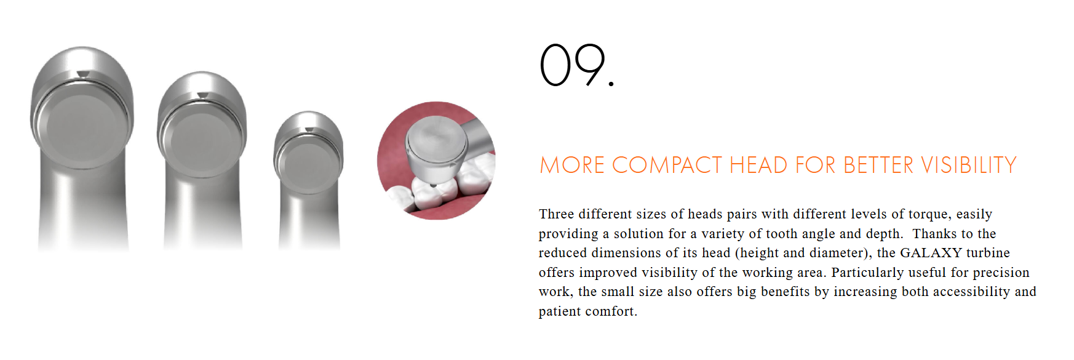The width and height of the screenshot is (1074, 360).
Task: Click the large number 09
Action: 576,65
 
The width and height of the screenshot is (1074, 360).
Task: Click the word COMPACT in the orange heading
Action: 667,165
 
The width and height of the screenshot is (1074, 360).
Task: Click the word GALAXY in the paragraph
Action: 931,253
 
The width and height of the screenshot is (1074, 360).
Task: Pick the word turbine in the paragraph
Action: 988,253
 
